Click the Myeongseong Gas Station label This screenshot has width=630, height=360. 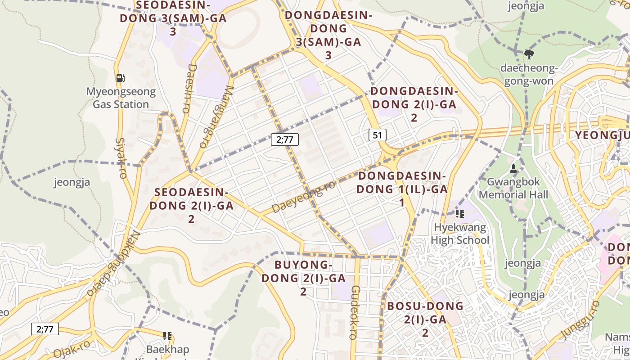(121, 98)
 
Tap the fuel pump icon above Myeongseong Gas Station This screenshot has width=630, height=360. (120, 78)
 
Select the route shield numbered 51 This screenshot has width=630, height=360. (378, 135)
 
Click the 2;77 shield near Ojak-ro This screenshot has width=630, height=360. (45, 329)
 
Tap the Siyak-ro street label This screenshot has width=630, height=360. (121, 158)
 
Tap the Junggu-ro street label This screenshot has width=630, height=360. (580, 320)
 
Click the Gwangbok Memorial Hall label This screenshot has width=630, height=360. (513, 189)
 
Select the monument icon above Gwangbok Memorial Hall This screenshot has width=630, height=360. (513, 169)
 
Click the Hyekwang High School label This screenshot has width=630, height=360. (459, 234)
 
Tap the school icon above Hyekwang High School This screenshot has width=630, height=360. (459, 214)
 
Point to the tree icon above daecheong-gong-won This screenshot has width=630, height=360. (529, 54)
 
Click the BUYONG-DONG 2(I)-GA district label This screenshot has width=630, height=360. (303, 278)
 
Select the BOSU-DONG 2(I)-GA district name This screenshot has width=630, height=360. (425, 319)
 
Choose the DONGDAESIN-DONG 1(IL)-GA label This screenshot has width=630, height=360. (402, 189)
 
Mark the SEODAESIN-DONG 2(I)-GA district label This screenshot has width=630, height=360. (191, 206)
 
